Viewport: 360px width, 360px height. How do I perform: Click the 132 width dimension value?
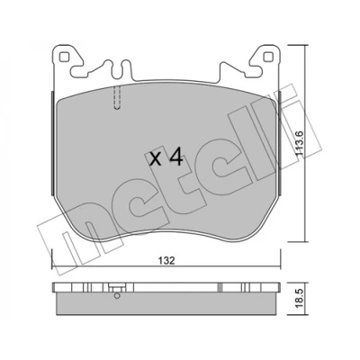coord(166,260)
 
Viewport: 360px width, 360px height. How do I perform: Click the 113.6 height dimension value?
coord(301,143)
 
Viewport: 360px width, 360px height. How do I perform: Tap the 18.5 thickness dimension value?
coord(301,299)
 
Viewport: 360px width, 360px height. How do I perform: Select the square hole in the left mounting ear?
coord(64,57)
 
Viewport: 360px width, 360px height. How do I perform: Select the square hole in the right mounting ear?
coord(268,57)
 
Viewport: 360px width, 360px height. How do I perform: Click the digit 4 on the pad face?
coord(175,157)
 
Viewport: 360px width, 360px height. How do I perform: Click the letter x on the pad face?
coord(156,159)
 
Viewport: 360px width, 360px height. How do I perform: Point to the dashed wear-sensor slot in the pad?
coord(117,97)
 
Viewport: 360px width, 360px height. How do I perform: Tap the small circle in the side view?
coord(117,296)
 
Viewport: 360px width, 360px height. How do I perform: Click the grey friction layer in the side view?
coord(166,302)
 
